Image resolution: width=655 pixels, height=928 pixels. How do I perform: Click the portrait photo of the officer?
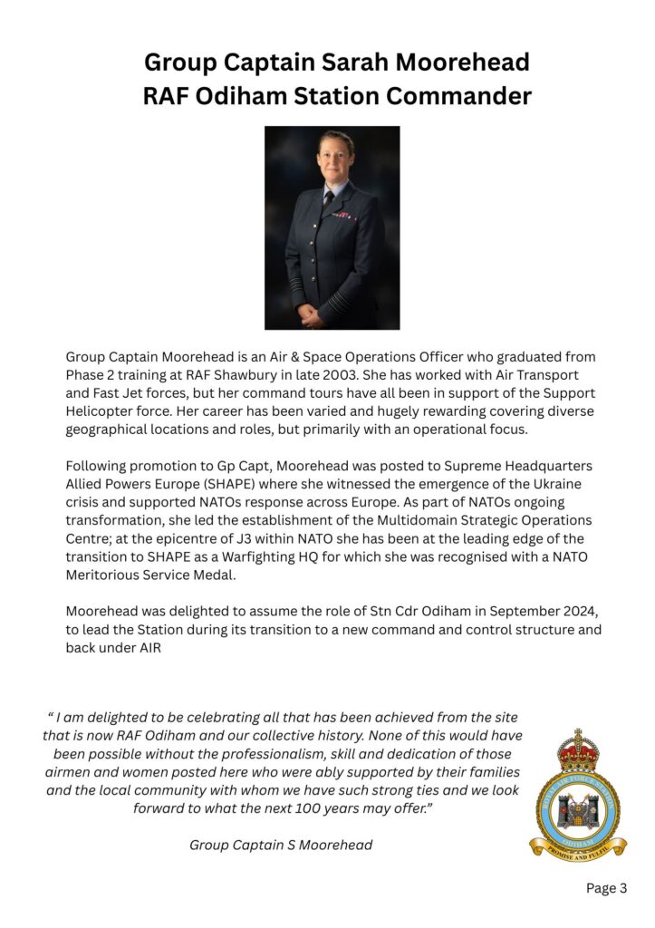332,227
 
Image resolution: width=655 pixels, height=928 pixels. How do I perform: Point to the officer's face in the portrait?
334,157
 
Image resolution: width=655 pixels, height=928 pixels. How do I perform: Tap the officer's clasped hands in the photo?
313,314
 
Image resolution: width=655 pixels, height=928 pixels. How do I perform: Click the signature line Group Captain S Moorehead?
281,846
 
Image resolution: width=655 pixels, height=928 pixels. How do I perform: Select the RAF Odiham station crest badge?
577,794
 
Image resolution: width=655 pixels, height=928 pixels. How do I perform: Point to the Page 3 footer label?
606,889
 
